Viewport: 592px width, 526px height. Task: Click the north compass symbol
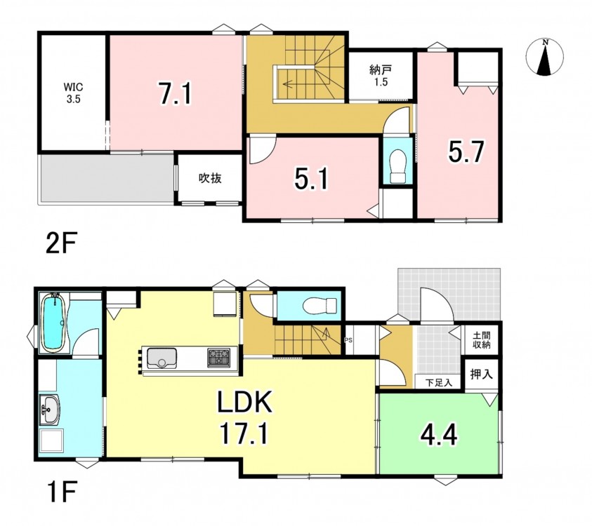coord(544,58)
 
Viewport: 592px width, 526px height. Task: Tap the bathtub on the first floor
coord(55,323)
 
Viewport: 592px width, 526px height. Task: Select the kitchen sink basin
coord(162,358)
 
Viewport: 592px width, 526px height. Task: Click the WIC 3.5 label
coord(73,93)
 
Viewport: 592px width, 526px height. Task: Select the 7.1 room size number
coord(175,94)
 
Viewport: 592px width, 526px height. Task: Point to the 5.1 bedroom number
coord(312,179)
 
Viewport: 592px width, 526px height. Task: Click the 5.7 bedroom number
coord(466,151)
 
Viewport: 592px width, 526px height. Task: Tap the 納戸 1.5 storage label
coord(381,76)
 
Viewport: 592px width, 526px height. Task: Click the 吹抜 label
coord(210,178)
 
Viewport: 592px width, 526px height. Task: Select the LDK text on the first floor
coord(244,403)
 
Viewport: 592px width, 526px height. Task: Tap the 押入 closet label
coord(481,374)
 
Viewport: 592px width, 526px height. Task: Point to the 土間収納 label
coord(481,339)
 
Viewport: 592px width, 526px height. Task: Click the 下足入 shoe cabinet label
coord(438,383)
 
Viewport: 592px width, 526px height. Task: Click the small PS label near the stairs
coord(348,340)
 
